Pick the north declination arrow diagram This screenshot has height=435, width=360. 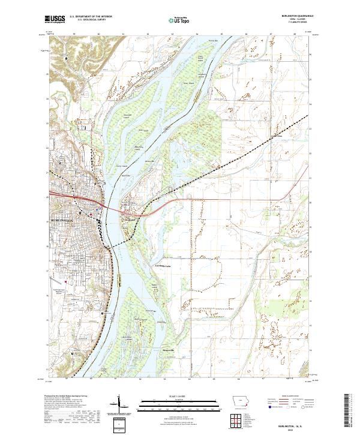(x=120, y=404)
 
